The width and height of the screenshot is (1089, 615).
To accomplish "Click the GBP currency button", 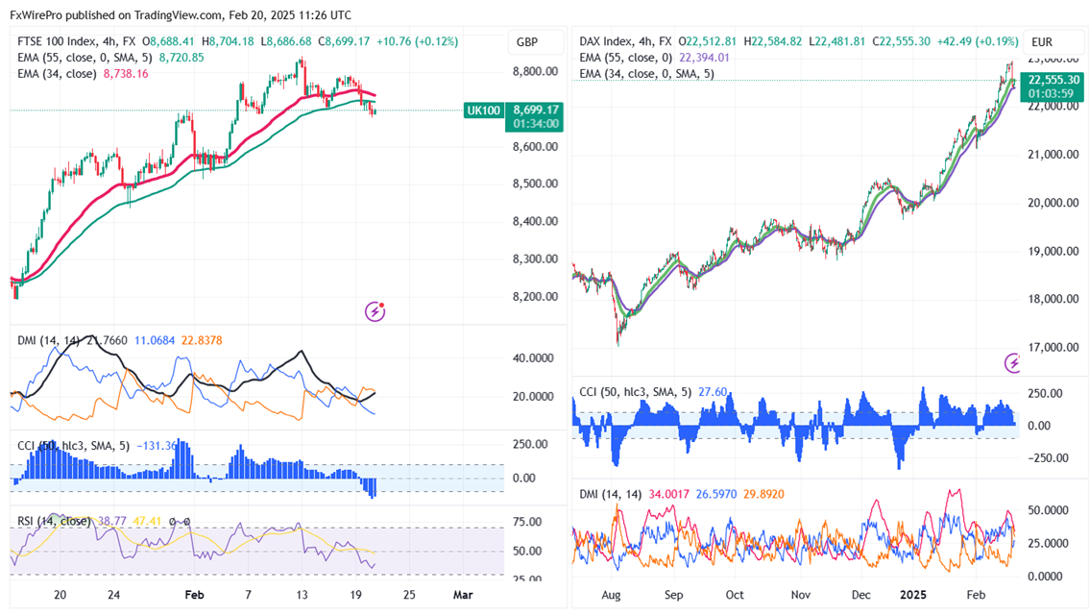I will pyautogui.click(x=527, y=42).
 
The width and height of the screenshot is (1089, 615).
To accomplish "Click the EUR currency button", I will pyautogui.click(x=1042, y=42).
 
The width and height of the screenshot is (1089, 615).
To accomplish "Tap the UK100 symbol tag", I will pyautogui.click(x=482, y=111).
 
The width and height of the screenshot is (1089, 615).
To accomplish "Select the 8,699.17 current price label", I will pyautogui.click(x=536, y=111).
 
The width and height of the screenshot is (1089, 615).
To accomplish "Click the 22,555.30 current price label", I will pyautogui.click(x=1053, y=80).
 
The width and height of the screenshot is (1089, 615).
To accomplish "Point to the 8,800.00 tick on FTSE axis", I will pyautogui.click(x=535, y=72).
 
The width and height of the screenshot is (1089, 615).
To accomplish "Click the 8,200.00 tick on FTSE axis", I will pyautogui.click(x=535, y=297).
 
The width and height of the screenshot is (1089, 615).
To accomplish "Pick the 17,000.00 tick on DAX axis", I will pyautogui.click(x=1053, y=348).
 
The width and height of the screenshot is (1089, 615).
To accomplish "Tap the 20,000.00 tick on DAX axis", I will pyautogui.click(x=1053, y=203).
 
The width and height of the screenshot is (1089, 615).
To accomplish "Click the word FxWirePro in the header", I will pyautogui.click(x=41, y=15).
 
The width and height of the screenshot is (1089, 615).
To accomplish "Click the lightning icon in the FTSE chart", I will pyautogui.click(x=375, y=311).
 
